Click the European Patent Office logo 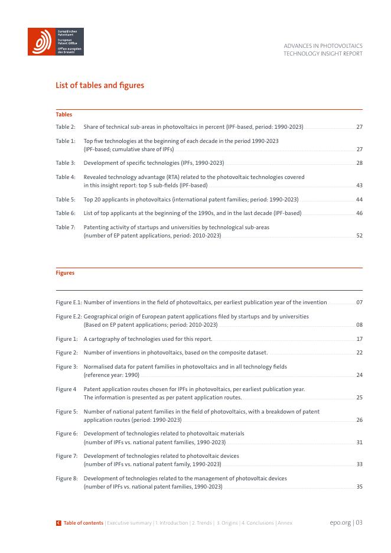(56, 41)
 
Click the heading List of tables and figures (100, 86)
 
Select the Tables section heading (64, 115)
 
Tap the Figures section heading (65, 273)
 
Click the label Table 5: (66, 200)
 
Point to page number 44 (359, 200)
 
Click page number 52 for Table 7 (359, 236)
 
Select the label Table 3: (66, 162)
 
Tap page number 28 (359, 162)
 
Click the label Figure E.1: (69, 302)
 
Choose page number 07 (359, 302)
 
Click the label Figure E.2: (69, 317)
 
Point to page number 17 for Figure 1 (359, 339)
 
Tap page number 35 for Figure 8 (359, 487)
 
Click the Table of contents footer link (83, 523)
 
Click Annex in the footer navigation (285, 523)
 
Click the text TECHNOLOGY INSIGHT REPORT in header (323, 54)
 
